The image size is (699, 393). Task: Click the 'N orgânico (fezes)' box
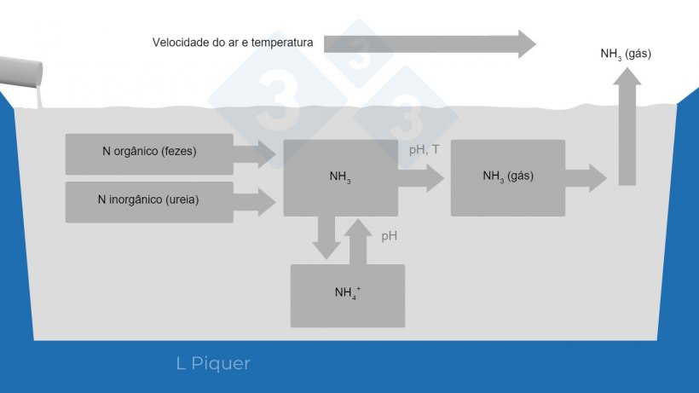[x=149, y=153]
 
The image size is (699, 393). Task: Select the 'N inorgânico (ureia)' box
[x=149, y=202]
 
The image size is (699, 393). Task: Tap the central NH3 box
[x=340, y=178]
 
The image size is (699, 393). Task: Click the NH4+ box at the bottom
[x=347, y=295]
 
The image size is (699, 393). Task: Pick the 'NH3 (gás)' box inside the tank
[x=507, y=177]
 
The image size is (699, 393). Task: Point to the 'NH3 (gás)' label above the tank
[x=626, y=54]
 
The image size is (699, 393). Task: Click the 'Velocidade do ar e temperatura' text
[x=233, y=42]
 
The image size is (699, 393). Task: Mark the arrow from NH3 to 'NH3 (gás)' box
[x=421, y=178]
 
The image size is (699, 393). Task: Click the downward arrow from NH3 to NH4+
[x=326, y=238]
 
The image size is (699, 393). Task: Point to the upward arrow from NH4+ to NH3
[x=358, y=240]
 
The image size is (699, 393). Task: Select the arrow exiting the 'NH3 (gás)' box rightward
[x=586, y=178]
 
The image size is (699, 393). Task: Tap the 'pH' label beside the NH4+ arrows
[x=389, y=236]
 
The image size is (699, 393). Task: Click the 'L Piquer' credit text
[x=213, y=364]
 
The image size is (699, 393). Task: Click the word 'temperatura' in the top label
[x=282, y=42]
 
